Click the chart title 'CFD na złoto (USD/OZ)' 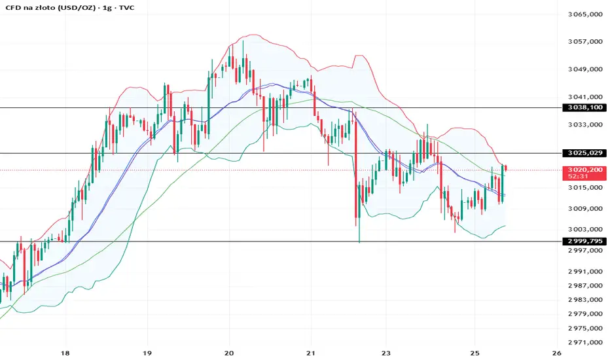(x=46, y=7)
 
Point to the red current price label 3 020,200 (x=583, y=168)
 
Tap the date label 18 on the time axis (x=64, y=352)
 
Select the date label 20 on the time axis (x=229, y=352)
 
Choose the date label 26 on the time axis (x=556, y=352)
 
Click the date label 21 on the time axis (x=311, y=352)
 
